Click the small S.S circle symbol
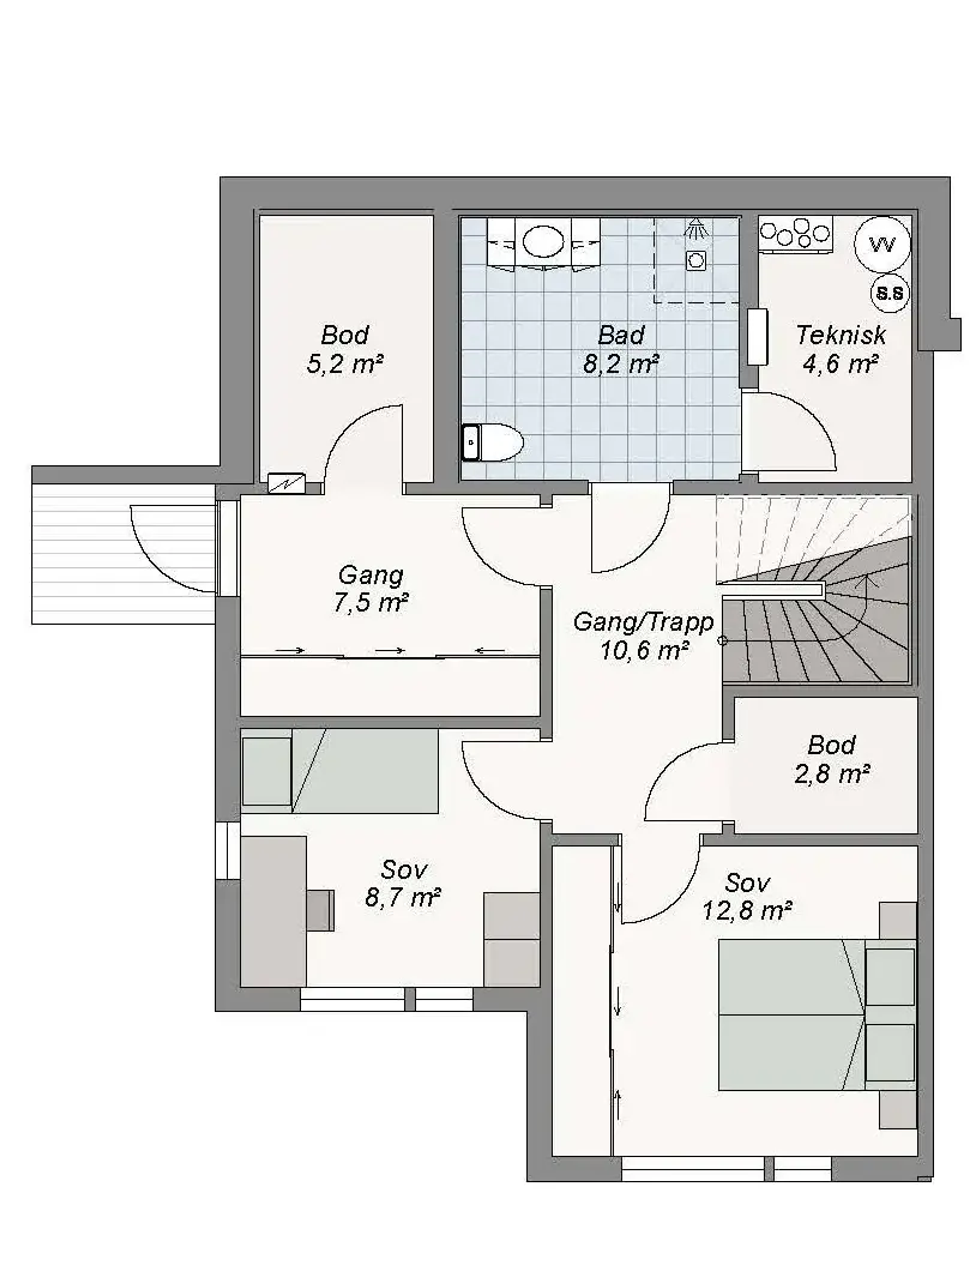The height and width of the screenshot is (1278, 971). (x=890, y=293)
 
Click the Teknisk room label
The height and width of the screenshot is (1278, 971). (x=841, y=335)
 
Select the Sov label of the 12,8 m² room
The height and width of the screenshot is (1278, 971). (x=747, y=883)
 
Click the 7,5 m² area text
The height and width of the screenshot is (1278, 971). (x=371, y=603)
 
